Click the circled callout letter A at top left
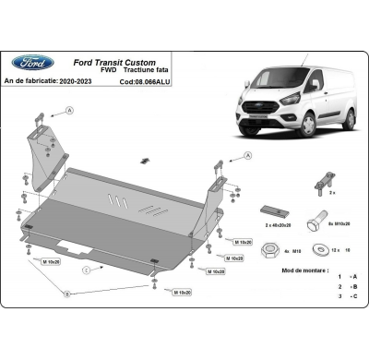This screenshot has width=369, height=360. point(68,110)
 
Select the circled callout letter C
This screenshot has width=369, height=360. point(86,270)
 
